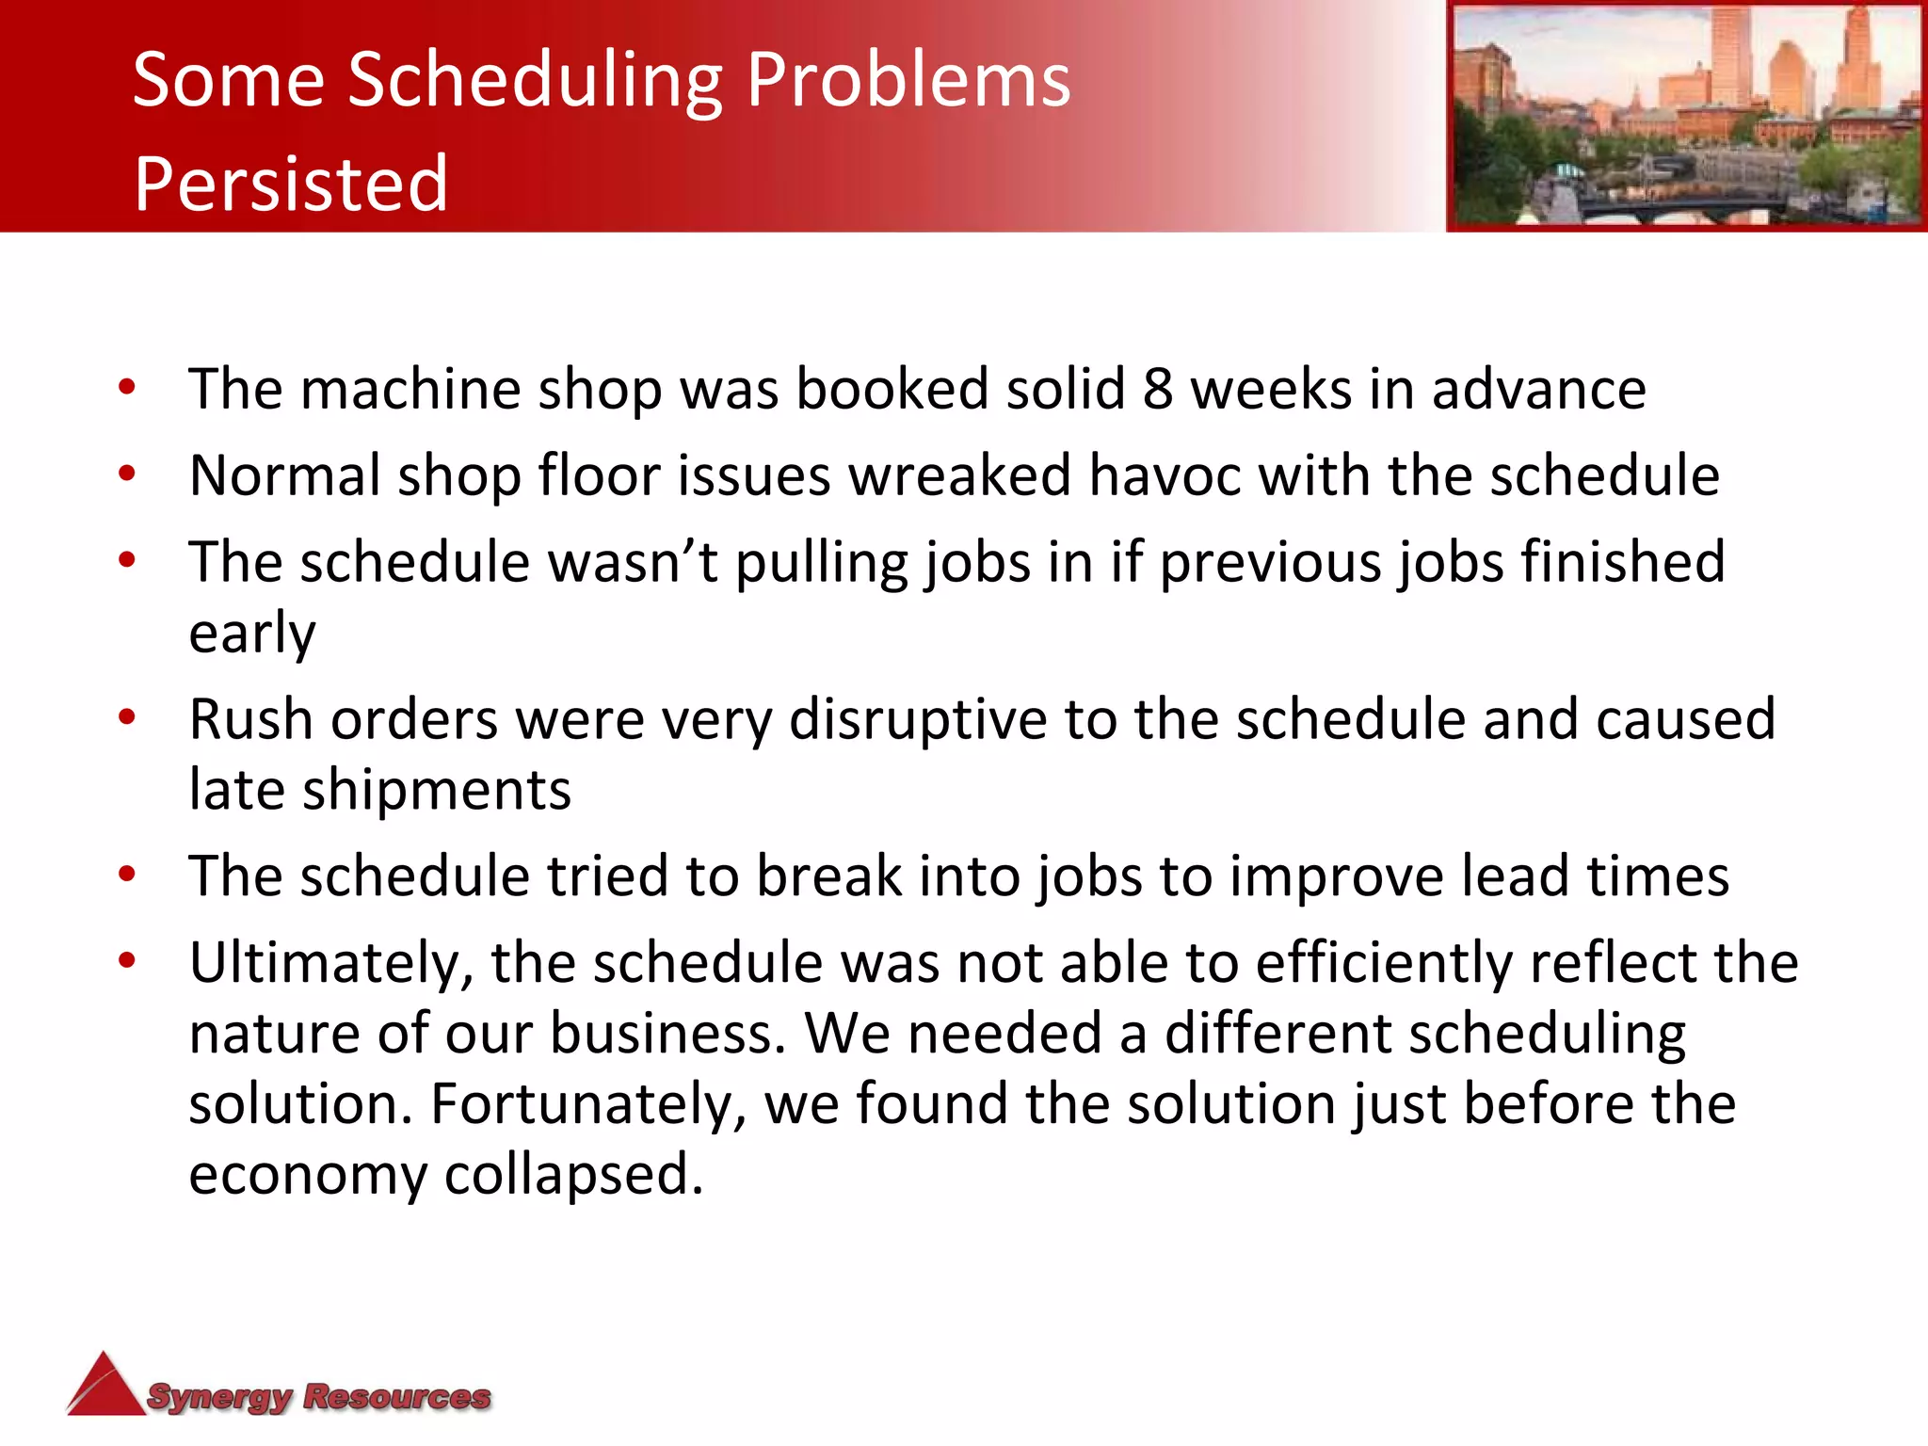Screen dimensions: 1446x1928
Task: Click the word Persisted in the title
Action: [x=290, y=184]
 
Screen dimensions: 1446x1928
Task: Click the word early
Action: [x=251, y=634]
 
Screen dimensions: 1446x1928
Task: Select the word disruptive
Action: [x=917, y=720]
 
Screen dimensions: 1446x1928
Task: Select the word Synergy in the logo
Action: [x=220, y=1397]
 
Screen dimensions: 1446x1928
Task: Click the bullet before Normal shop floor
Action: [x=128, y=474]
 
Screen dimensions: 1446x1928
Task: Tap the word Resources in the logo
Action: [x=396, y=1397]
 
